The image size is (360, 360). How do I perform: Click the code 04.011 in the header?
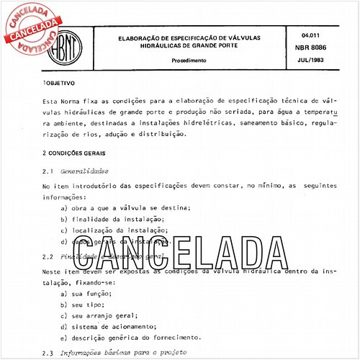pos(312,34)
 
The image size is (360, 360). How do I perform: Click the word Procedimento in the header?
pos(189,61)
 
